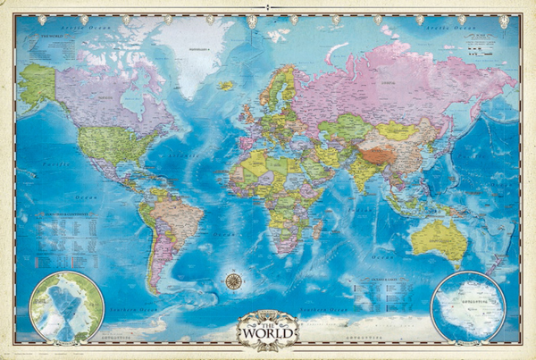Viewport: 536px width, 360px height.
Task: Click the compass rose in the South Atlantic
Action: point(234,280)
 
